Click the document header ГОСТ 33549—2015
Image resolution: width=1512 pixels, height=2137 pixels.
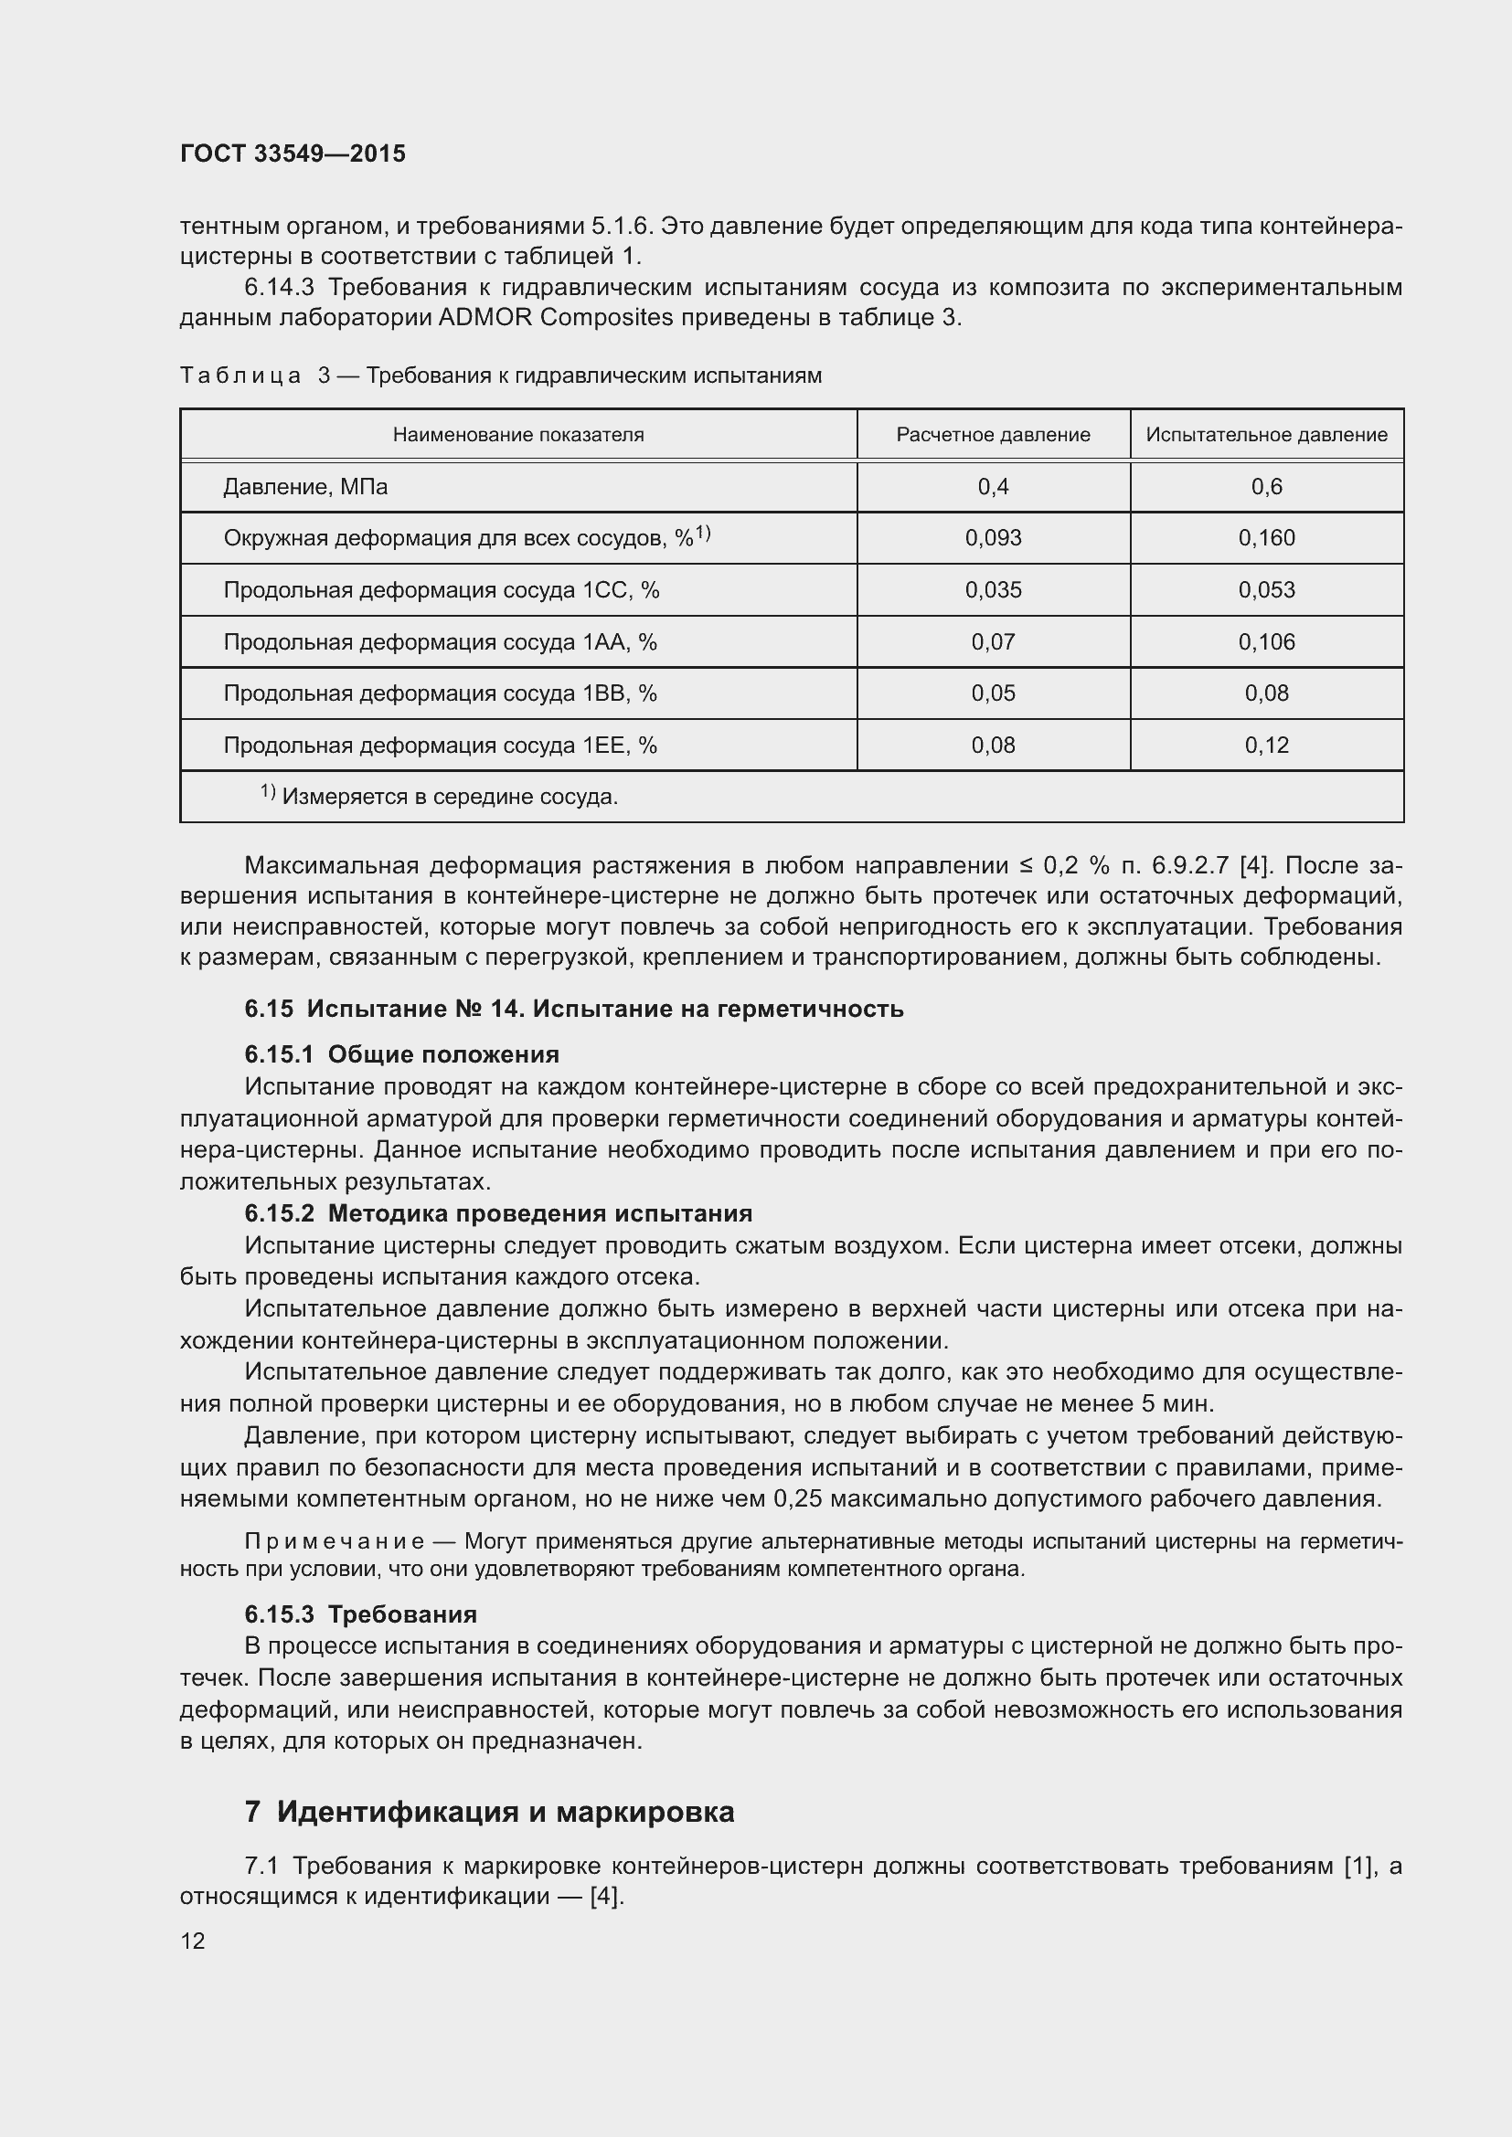pos(293,153)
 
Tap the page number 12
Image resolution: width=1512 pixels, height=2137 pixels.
pos(193,1941)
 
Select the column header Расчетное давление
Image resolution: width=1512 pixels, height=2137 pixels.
pos(993,435)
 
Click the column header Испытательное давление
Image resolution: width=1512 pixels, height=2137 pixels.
pos(1266,435)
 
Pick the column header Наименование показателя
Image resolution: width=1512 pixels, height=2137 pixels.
pos(517,435)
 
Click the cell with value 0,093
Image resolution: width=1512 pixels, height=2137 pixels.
pos(993,538)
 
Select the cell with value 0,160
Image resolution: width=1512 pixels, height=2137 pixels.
pos(1266,538)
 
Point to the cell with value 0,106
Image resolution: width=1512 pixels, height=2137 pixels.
pos(1266,641)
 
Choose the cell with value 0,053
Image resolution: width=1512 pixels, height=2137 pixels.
pos(1266,590)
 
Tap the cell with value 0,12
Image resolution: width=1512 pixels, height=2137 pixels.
pos(1266,745)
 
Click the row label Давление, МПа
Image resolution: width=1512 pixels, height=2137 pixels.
pos(305,487)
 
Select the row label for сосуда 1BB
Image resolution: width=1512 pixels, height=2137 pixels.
pos(440,693)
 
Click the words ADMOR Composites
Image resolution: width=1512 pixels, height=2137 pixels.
pos(555,317)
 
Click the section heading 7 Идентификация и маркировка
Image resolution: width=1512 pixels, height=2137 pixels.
pos(490,1811)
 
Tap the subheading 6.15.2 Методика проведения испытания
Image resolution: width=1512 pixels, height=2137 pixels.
pos(498,1213)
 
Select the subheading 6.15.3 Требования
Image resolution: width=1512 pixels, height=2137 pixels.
pos(360,1613)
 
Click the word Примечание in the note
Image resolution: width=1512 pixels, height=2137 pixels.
pos(335,1541)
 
